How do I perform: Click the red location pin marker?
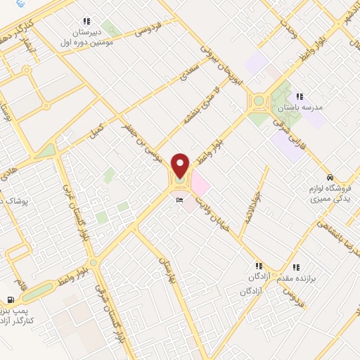coord(181,166)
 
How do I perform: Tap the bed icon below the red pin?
coord(180,200)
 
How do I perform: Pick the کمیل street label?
coord(96,130)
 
